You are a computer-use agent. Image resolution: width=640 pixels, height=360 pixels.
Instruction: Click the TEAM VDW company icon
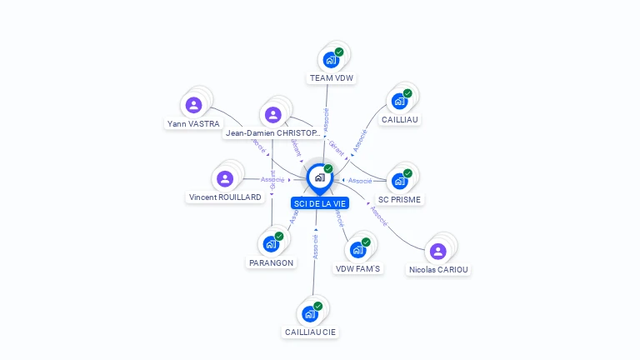point(331,60)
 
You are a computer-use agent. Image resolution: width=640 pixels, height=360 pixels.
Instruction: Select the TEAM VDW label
point(332,78)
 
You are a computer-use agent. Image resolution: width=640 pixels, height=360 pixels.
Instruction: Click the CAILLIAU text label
point(400,119)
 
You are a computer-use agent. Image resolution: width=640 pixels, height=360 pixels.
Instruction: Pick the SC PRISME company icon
point(400,181)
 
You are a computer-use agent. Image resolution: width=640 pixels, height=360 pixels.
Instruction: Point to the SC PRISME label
point(400,199)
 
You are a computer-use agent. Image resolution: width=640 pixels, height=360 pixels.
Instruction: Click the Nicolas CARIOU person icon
point(438,251)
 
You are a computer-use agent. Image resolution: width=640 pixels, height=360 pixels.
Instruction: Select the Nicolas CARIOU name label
point(438,269)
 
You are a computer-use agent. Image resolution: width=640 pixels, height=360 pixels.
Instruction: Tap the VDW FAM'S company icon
point(357,250)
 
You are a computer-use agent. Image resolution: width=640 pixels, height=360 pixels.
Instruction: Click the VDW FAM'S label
point(357,268)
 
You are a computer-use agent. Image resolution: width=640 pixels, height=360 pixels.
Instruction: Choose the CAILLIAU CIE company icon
point(310,313)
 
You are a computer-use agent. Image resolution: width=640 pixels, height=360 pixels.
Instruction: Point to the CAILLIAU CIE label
point(311,332)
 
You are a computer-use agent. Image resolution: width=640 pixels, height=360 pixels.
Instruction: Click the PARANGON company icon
point(271,243)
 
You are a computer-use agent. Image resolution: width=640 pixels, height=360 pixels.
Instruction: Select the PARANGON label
point(271,262)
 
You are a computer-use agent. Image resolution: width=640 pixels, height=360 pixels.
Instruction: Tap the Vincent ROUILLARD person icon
point(225,178)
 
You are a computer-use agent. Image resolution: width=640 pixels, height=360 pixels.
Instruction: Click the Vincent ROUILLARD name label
point(225,197)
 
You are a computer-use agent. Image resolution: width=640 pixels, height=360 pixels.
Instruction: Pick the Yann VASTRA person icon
point(194,105)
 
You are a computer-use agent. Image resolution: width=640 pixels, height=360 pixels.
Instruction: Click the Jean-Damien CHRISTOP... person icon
point(272,114)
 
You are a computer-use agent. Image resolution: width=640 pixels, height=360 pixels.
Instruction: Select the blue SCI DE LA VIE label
point(320,203)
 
